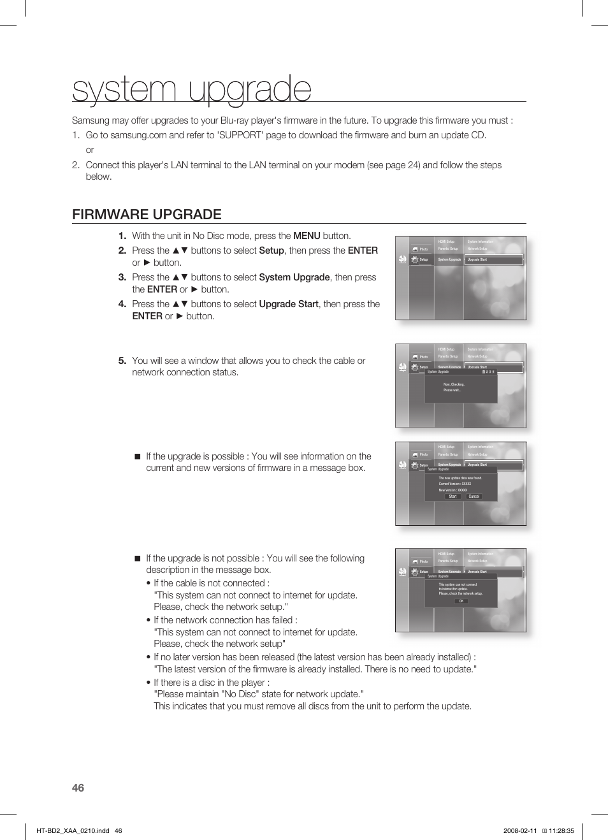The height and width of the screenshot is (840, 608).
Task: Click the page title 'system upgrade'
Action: pyautogui.click(x=192, y=89)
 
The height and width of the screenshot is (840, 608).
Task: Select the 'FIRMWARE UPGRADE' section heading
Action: pyautogui.click(x=147, y=215)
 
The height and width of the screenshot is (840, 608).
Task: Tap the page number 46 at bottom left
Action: pyautogui.click(x=78, y=788)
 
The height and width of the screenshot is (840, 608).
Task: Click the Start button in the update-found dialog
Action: pyautogui.click(x=452, y=496)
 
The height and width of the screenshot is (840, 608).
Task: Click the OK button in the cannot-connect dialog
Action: pyautogui.click(x=461, y=601)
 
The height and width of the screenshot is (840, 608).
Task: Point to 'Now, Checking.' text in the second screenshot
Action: pyautogui.click(x=454, y=384)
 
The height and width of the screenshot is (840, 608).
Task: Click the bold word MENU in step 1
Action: pyautogui.click(x=307, y=236)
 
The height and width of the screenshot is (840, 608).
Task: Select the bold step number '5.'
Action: pyautogui.click(x=122, y=361)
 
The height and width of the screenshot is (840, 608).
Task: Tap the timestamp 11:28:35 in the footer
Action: pyautogui.click(x=561, y=830)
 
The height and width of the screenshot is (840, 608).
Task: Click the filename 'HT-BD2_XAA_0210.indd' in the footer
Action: pyautogui.click(x=73, y=830)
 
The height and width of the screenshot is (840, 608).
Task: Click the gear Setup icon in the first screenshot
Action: pyautogui.click(x=415, y=259)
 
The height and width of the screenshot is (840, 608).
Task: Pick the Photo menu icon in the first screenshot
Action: pyautogui.click(x=415, y=249)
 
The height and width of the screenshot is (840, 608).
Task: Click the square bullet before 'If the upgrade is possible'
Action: pyautogui.click(x=137, y=456)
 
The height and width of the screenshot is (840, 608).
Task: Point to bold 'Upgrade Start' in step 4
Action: pyautogui.click(x=289, y=304)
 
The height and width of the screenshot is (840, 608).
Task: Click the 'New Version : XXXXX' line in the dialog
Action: pyautogui.click(x=453, y=490)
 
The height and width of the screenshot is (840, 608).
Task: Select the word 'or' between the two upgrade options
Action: pyautogui.click(x=90, y=150)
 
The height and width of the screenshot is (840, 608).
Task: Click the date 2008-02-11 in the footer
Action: pyautogui.click(x=520, y=830)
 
